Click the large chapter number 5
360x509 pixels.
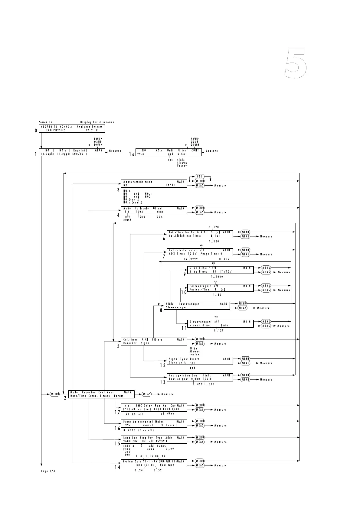296,63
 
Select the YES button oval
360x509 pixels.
199,177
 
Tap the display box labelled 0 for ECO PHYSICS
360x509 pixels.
72,128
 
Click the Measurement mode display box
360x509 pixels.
154,183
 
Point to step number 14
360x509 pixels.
117,467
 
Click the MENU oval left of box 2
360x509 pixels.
55,394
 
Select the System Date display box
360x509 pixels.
154,463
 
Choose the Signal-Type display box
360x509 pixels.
200,361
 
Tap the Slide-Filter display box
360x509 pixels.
220,270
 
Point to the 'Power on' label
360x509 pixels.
45,122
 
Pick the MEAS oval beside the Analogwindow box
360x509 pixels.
245,380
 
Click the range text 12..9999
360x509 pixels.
191,259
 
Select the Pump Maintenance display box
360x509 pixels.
154,423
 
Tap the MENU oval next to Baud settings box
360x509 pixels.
200,437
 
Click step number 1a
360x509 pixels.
132,154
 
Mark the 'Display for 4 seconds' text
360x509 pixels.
97,122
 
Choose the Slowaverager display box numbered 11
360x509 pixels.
220,323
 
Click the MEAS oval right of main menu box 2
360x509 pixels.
147,394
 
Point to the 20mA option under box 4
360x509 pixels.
127,220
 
